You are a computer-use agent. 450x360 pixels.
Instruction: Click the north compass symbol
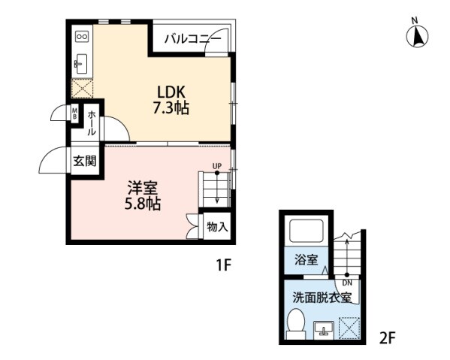click(x=417, y=35)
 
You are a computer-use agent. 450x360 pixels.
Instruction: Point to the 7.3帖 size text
click(x=171, y=109)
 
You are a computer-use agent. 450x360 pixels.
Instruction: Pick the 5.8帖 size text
click(x=141, y=203)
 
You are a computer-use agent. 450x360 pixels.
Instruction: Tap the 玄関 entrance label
click(x=84, y=161)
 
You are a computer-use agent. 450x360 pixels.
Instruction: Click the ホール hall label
click(x=91, y=122)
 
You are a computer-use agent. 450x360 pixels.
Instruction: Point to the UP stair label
click(x=216, y=165)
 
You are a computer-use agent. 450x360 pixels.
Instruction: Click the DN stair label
click(x=348, y=283)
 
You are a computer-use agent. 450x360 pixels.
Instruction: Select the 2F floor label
click(x=387, y=338)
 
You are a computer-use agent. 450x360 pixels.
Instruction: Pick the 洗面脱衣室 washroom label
click(x=322, y=297)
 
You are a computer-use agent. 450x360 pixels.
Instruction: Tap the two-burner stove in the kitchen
click(x=82, y=36)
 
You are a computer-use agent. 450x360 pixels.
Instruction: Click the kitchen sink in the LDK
click(x=82, y=61)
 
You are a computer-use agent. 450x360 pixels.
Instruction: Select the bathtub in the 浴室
click(x=307, y=234)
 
